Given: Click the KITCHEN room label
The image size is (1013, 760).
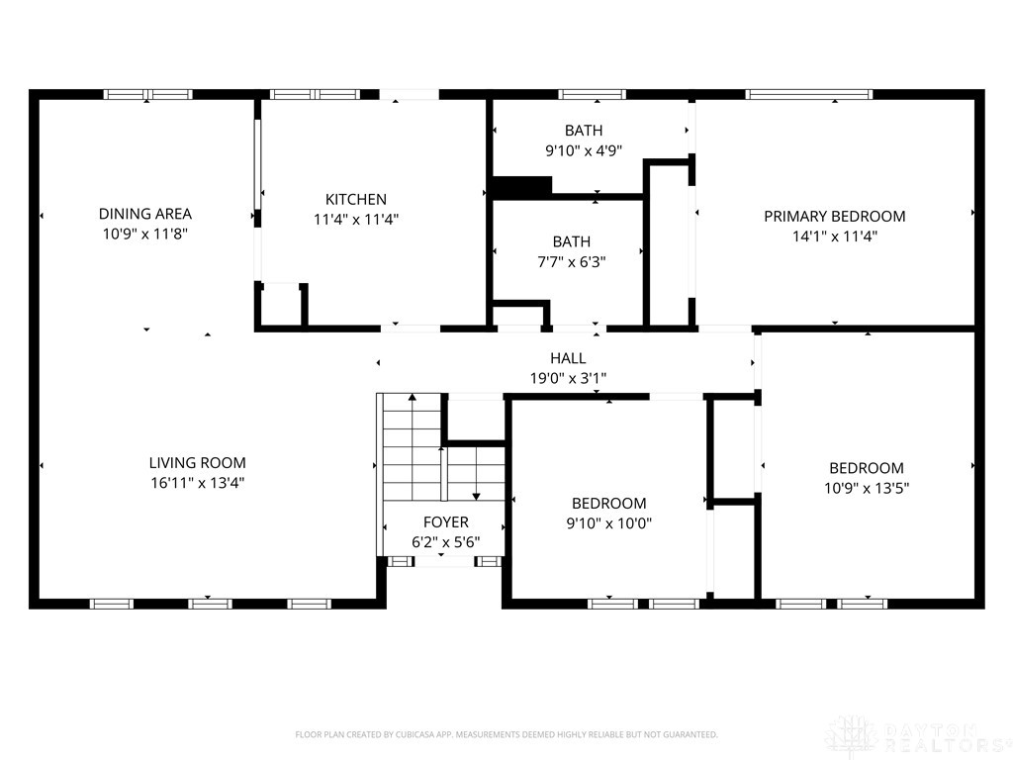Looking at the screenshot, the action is tap(356, 199).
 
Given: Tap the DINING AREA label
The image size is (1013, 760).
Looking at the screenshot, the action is tap(144, 214).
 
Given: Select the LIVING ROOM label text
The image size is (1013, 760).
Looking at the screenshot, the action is tap(197, 463).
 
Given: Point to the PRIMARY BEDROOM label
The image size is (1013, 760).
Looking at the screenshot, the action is tap(835, 216).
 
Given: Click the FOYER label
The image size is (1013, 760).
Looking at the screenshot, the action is tap(446, 522).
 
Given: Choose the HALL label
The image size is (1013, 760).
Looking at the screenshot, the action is tap(568, 358).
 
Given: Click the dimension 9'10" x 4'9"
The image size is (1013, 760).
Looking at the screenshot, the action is tap(584, 150).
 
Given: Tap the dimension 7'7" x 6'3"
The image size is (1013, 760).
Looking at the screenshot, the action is tap(571, 261).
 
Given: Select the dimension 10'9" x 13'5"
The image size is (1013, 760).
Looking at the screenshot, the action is tap(867, 488).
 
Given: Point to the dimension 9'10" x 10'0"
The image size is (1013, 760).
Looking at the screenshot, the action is tap(608, 523).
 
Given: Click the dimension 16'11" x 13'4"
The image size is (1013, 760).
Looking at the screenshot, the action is tap(197, 483).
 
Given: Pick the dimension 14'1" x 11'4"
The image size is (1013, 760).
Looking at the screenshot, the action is tap(835, 236).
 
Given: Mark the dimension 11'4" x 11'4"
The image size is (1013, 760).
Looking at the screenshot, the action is tap(356, 219).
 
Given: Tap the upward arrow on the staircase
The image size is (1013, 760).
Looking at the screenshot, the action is tap(412, 446).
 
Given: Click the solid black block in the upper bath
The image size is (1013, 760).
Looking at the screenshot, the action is tap(522, 186).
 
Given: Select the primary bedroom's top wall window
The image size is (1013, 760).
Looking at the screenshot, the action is tap(809, 94).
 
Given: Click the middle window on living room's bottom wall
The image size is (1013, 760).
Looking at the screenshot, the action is tap(210, 604).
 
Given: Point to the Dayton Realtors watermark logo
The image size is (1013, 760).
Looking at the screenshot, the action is tap(852, 736).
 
